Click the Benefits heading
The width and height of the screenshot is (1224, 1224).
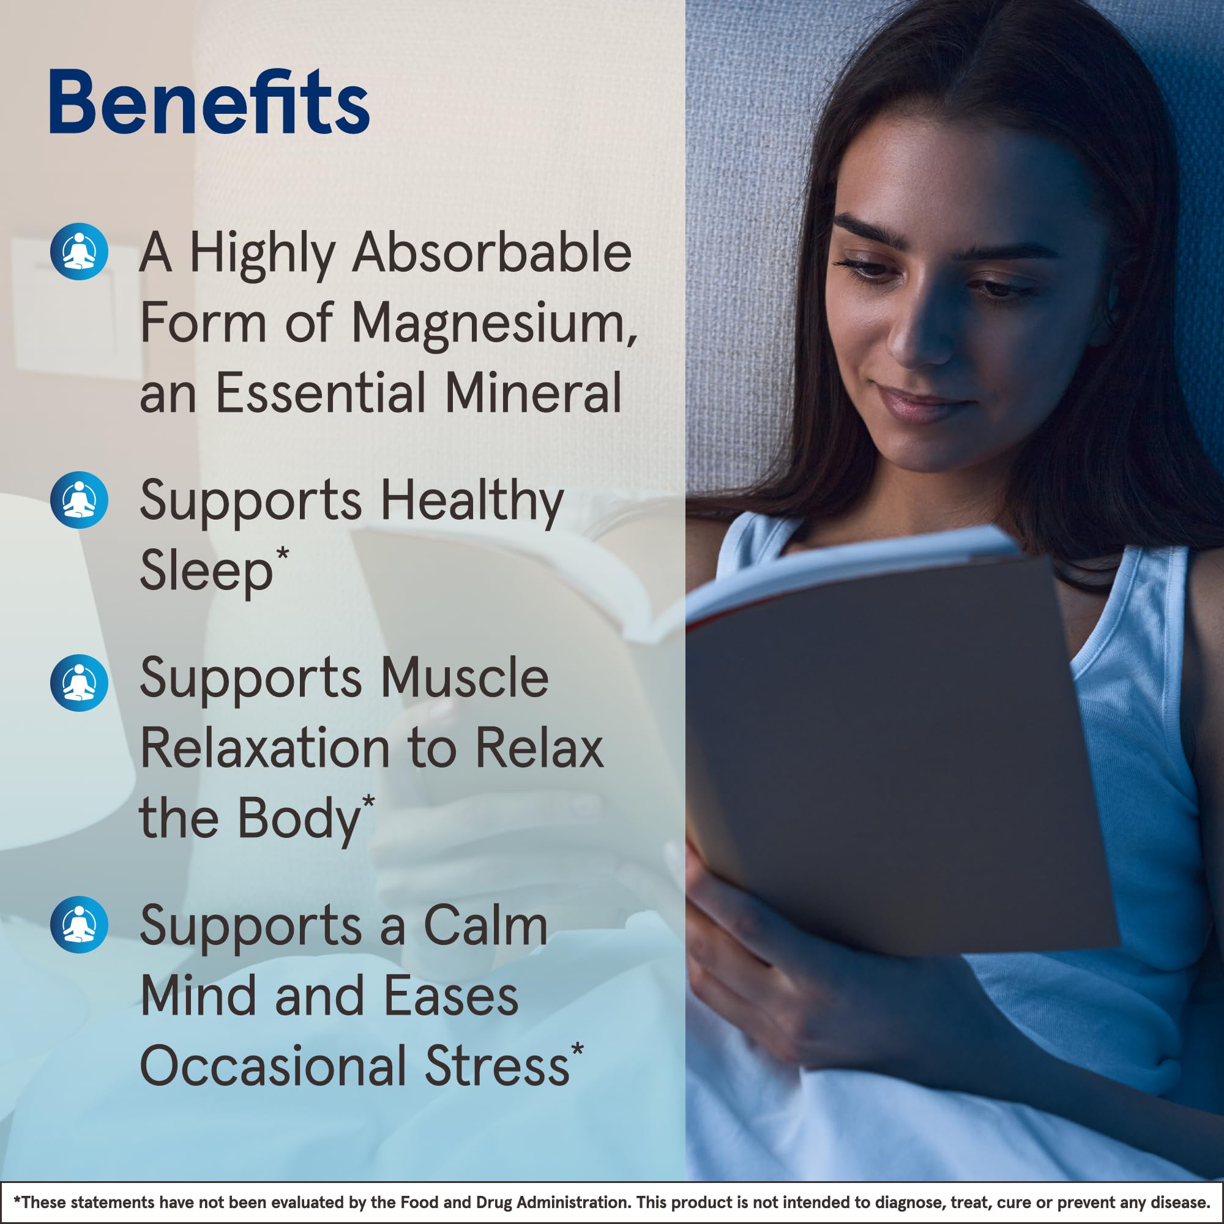pos(209,103)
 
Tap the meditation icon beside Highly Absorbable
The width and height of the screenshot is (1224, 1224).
pos(79,252)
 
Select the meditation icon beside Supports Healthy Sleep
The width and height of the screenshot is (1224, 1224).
pos(79,500)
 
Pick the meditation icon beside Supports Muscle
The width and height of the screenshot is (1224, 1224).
pos(79,683)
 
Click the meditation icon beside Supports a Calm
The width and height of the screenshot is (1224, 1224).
pos(79,924)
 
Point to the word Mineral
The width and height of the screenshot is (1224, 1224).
pos(533,394)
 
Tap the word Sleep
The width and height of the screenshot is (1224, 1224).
pos(206,572)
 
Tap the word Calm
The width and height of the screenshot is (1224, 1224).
pos(485,927)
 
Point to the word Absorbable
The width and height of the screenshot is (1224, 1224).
pos(491,253)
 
